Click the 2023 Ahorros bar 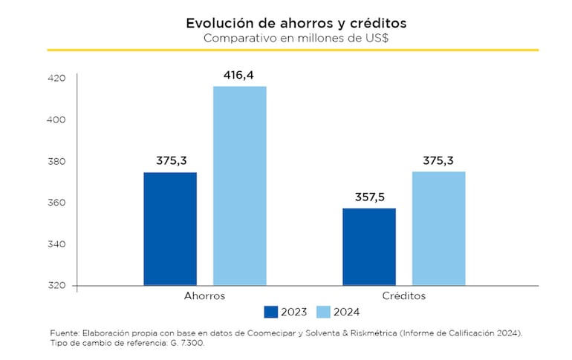click(170, 229)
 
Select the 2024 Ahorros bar click(240, 186)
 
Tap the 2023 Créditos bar click(369, 246)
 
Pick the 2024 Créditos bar click(439, 229)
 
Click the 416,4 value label click(239, 75)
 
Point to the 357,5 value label click(368, 197)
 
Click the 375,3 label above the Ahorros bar click(171, 160)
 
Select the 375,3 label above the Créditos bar click(438, 160)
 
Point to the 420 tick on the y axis click(56, 79)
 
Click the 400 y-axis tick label click(56, 120)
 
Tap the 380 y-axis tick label click(56, 161)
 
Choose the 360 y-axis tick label click(56, 203)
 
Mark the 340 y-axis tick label click(56, 244)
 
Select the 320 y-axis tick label click(56, 286)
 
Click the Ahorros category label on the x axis click(204, 295)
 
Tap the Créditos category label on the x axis click(404, 295)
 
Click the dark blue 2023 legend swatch click(270, 312)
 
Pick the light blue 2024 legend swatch click(323, 312)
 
